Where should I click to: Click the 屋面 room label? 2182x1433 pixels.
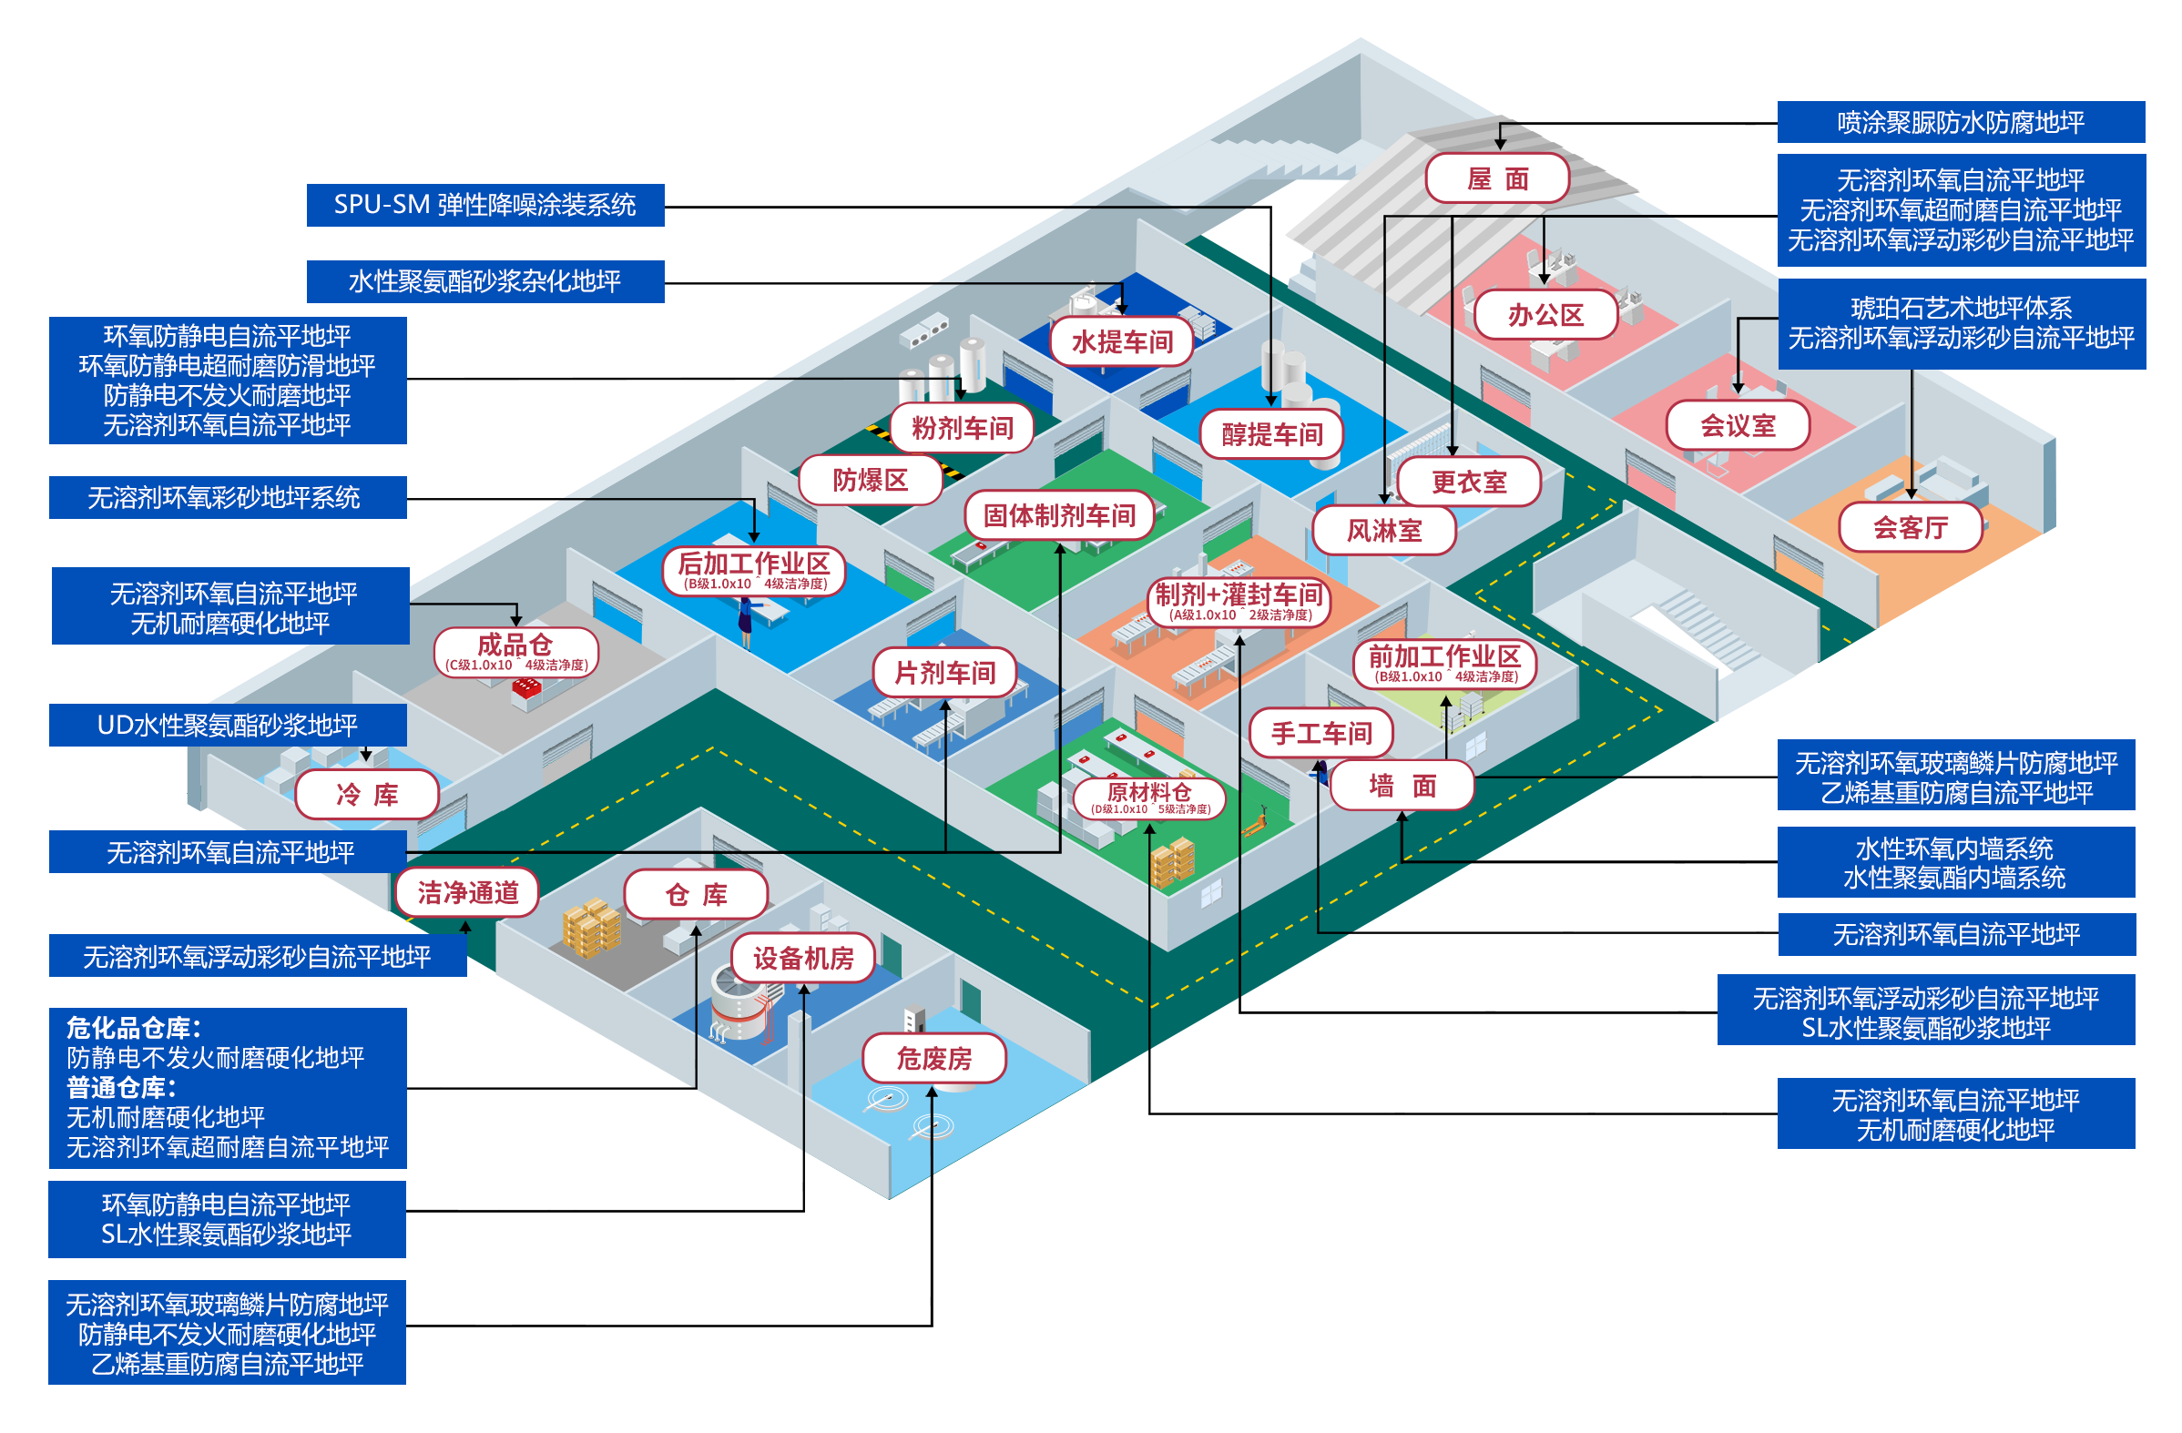[x=1497, y=178]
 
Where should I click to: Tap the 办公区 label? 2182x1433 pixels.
[x=1545, y=315]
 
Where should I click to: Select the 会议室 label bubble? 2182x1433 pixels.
[x=1738, y=425]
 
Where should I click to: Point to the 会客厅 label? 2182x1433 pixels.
[x=1910, y=527]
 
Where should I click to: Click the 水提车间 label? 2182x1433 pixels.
[x=1121, y=342]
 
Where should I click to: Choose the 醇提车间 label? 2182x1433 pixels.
[x=1271, y=433]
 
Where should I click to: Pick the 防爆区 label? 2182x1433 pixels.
[x=870, y=480]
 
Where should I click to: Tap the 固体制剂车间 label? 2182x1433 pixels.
[x=1059, y=515]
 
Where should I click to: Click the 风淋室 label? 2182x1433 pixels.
[x=1383, y=531]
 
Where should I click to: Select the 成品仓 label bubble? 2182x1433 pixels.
[x=516, y=652]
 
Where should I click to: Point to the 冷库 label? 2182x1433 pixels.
[x=367, y=794]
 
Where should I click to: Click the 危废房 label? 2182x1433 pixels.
[x=933, y=1059]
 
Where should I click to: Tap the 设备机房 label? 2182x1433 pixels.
[x=803, y=959]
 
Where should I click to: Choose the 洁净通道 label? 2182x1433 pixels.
[x=467, y=892]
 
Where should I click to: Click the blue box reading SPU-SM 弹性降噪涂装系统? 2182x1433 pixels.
[x=484, y=205]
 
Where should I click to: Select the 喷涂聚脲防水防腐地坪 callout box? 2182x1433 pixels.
[x=1960, y=122]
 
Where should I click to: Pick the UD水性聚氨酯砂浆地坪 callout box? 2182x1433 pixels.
[x=227, y=726]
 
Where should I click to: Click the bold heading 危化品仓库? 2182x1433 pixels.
[x=133, y=1028]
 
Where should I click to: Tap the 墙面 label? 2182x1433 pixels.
[x=1401, y=786]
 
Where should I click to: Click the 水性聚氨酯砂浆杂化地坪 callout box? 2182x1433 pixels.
[x=484, y=281]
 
